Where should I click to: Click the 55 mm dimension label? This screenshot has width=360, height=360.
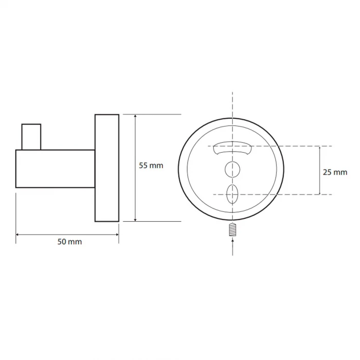(151, 165)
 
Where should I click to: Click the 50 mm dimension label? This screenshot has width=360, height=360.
(70, 242)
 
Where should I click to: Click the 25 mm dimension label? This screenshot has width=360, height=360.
(335, 172)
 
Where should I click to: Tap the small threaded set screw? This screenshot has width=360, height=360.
(233, 230)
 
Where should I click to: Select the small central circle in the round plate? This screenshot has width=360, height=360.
(233, 169)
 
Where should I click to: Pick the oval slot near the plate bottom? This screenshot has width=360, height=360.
(232, 194)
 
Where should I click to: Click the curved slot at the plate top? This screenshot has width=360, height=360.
(232, 148)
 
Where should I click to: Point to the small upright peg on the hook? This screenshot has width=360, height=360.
(31, 137)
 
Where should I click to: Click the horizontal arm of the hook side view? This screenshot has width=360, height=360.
(55, 169)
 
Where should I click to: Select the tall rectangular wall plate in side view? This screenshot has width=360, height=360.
(107, 168)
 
